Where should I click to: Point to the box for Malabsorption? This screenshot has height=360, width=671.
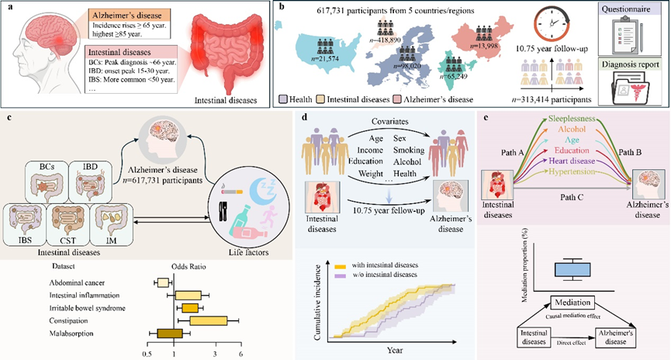(x=170, y=334)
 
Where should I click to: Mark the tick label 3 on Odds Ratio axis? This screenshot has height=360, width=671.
(x=214, y=353)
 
